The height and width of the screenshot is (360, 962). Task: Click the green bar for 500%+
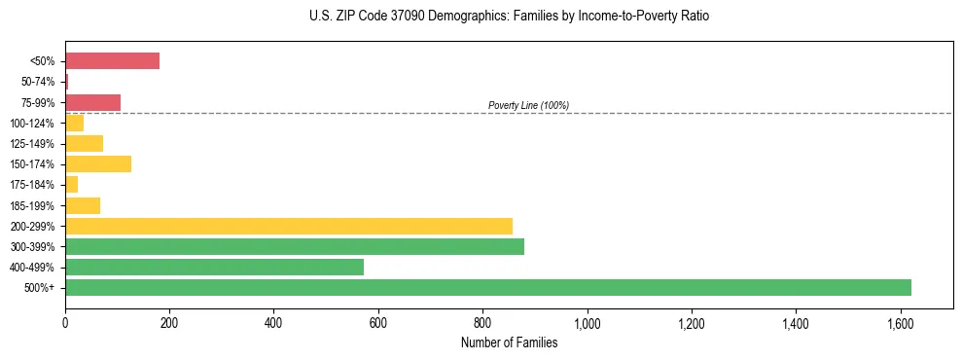pos(487,287)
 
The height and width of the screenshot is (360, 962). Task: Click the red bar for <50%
pos(112,61)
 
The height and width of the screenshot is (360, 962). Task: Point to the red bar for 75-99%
pos(92,102)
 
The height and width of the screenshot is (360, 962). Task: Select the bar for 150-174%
pos(98,163)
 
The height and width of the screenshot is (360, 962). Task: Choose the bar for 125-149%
pos(84,144)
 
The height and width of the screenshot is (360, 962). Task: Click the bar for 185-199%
pos(83,205)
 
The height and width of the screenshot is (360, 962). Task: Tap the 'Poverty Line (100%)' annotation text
pos(528,105)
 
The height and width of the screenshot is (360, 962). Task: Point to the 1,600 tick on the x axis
pos(900,322)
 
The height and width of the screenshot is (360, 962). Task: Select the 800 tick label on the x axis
pos(482,322)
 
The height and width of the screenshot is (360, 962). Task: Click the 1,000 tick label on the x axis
pos(587,322)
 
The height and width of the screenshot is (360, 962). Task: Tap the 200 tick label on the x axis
pos(169,322)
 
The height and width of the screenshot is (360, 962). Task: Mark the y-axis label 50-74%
pos(38,82)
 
